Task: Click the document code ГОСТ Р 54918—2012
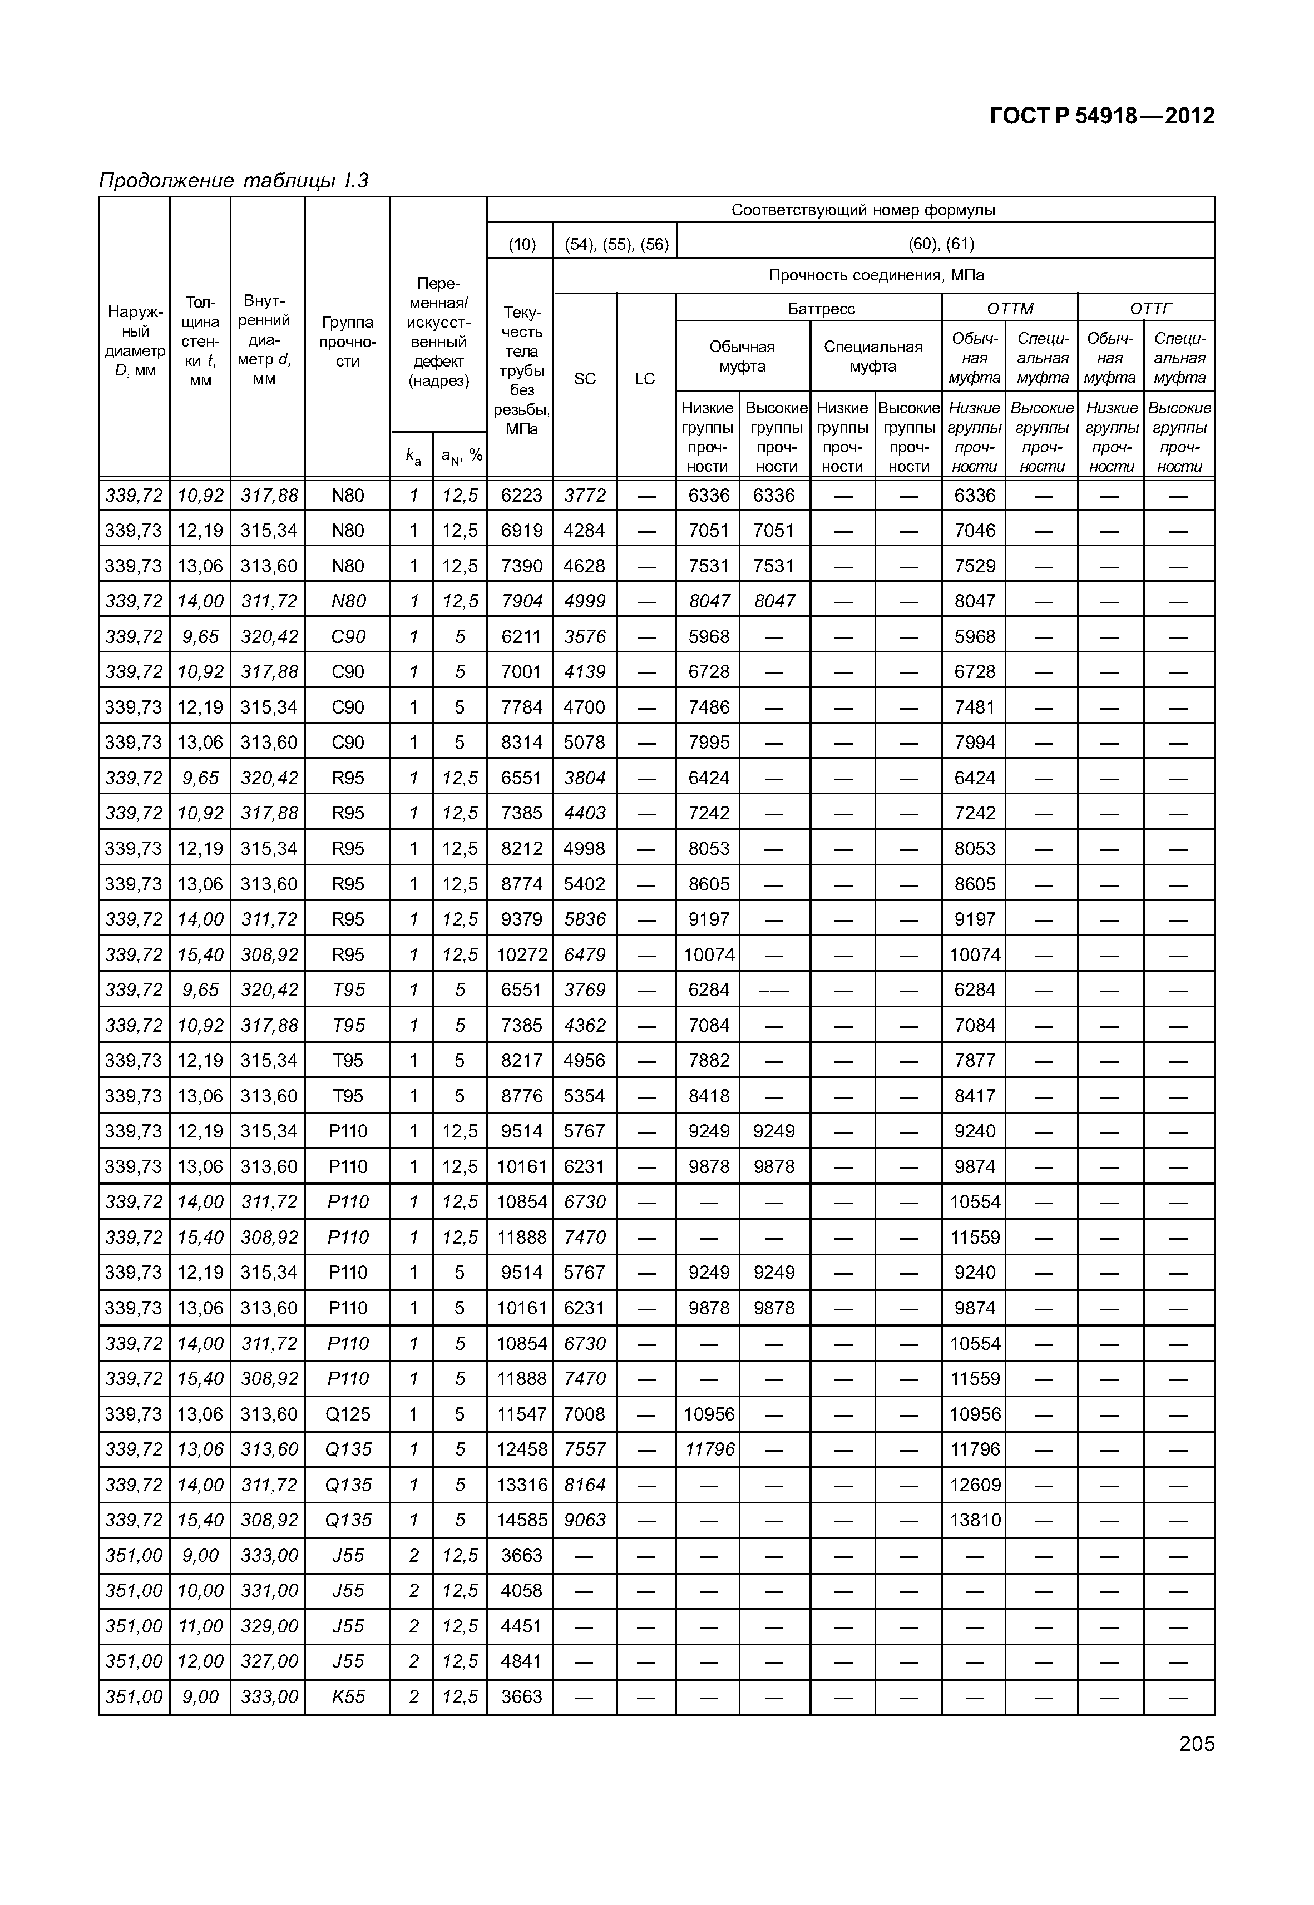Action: point(1101,116)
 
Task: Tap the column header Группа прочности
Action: point(348,342)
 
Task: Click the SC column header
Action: point(585,379)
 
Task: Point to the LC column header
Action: point(645,379)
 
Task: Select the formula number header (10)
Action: point(521,244)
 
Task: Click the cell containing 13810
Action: point(975,1520)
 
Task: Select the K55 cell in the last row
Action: point(348,1697)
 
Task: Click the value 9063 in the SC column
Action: point(585,1520)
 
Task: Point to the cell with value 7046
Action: point(975,530)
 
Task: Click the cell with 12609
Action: point(975,1485)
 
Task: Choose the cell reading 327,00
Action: point(268,1661)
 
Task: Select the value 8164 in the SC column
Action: point(585,1485)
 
